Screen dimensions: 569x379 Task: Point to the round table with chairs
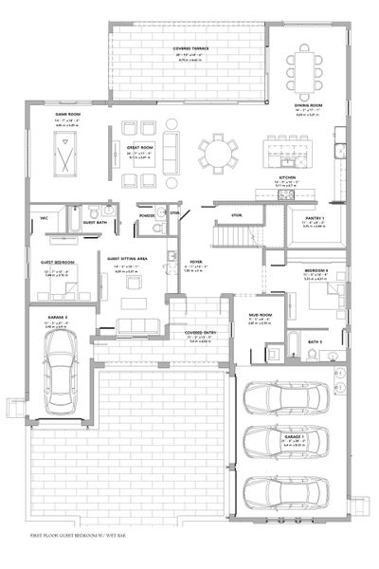(219, 152)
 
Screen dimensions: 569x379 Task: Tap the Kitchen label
(288, 177)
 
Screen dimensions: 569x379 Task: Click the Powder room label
(147, 215)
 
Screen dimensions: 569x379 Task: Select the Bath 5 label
(316, 340)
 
